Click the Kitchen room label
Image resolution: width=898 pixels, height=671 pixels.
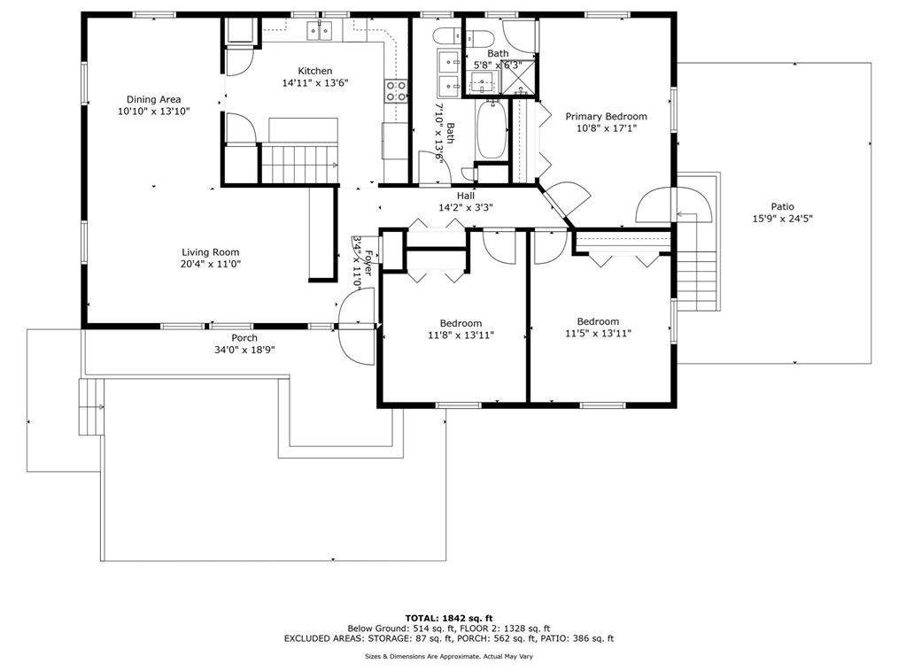tap(314, 71)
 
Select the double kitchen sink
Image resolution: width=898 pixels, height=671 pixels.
tap(319, 32)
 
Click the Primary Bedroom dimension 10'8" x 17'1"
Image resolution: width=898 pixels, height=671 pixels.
tap(606, 128)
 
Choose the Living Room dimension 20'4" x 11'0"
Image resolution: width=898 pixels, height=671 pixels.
tap(211, 264)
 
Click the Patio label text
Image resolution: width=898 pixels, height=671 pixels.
tap(782, 206)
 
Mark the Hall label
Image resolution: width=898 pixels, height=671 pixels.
tap(466, 196)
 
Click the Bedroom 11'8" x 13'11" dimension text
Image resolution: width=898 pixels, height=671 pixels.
tap(461, 335)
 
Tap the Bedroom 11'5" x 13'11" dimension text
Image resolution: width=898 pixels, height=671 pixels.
tap(598, 334)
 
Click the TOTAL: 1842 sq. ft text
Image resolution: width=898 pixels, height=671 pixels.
tap(448, 617)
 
